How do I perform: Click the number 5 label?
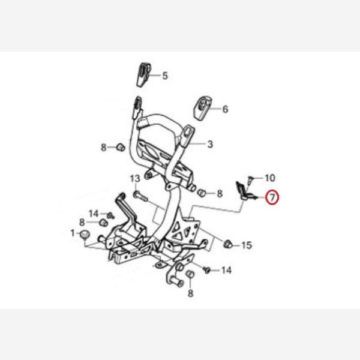click(165, 76)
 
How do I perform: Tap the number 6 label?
click(225, 109)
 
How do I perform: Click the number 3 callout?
click(210, 144)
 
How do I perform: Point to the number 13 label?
click(135, 178)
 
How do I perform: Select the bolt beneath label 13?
click(140, 196)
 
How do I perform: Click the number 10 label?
click(270, 178)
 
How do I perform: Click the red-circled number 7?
click(272, 197)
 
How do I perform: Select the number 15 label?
click(247, 245)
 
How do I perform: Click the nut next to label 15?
click(228, 244)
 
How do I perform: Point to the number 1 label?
click(73, 233)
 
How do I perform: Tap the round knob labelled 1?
click(85, 235)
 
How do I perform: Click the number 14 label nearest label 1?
click(94, 214)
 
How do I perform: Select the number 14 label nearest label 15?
click(226, 270)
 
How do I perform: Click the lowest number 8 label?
click(191, 293)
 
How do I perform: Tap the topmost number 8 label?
click(104, 148)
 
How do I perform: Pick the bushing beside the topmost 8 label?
click(121, 147)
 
